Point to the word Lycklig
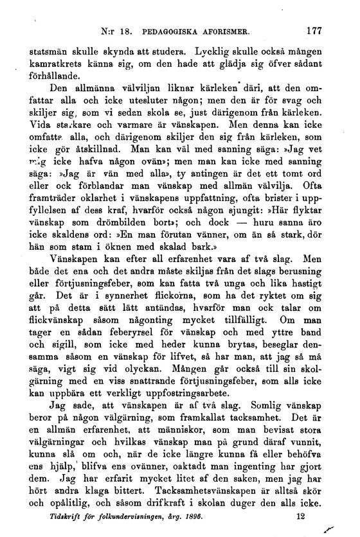point(209,49)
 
